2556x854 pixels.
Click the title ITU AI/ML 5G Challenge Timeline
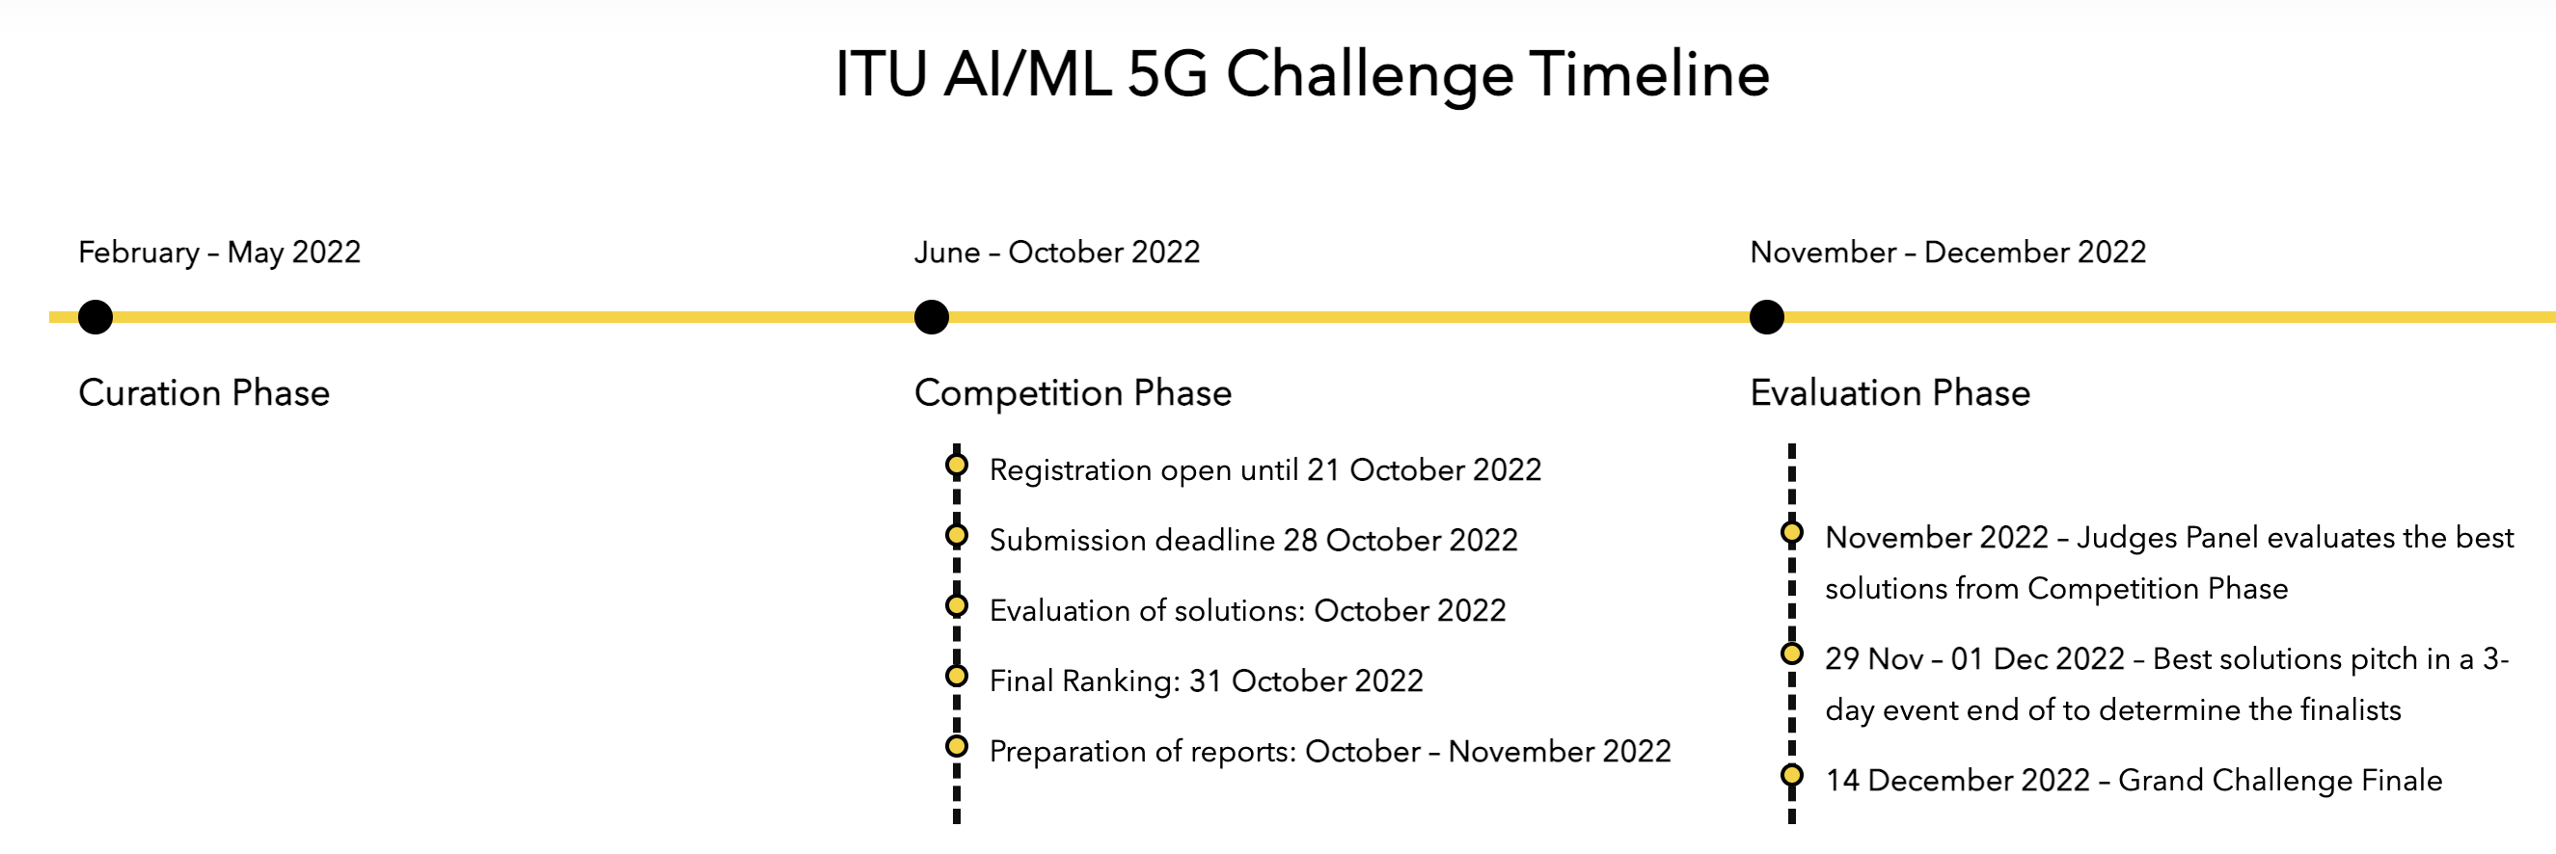click(1302, 75)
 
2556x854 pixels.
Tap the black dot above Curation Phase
click(95, 317)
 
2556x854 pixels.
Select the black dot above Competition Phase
click(931, 317)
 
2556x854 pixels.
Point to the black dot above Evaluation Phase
click(1766, 317)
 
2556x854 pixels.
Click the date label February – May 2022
click(219, 253)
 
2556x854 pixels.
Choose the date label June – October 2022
click(1057, 253)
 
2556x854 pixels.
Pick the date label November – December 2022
click(1947, 253)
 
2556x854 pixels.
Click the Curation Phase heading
click(204, 392)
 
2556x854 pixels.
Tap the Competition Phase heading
click(1073, 392)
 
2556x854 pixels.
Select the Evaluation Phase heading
click(1890, 392)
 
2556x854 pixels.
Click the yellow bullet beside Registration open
click(957, 466)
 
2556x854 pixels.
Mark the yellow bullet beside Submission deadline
click(957, 536)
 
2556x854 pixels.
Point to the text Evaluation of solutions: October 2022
click(1247, 610)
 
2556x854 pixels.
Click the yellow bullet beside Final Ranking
click(957, 677)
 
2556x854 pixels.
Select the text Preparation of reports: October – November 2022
click(1329, 751)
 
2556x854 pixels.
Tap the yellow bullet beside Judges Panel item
click(1792, 533)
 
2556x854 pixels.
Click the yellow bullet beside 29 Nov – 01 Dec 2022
click(1792, 654)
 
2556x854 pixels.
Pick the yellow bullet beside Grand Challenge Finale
click(1792, 776)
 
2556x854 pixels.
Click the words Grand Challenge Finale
click(2280, 781)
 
